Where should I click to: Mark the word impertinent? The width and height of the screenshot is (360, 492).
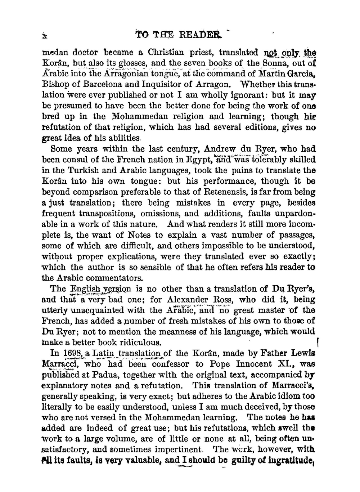tap(178, 450)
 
